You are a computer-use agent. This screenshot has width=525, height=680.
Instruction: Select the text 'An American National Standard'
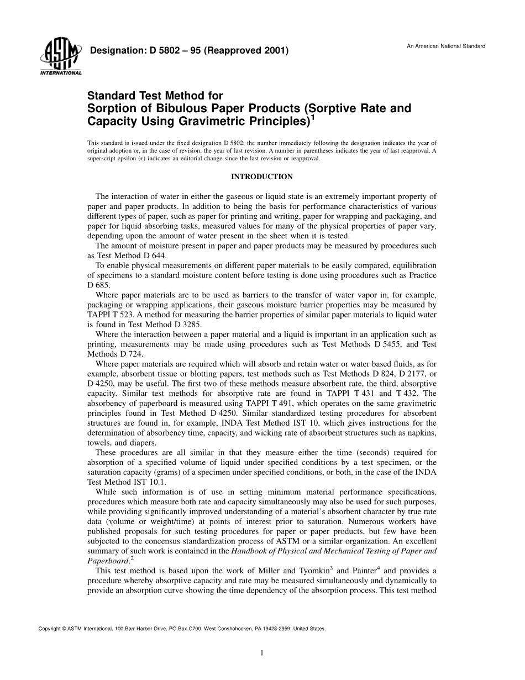pyautogui.click(x=446, y=46)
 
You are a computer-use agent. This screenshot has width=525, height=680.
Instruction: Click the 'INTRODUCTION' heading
pyautogui.click(x=261, y=177)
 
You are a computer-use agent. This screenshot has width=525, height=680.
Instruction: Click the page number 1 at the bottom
pyautogui.click(x=262, y=653)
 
